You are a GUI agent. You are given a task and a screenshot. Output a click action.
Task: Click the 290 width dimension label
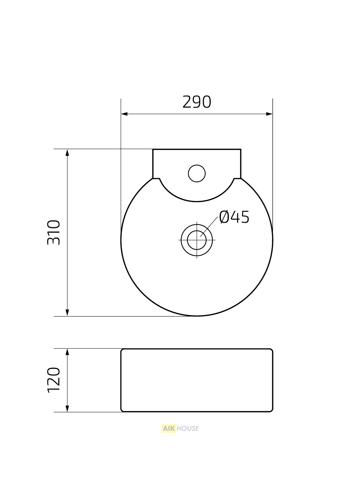[x=197, y=102]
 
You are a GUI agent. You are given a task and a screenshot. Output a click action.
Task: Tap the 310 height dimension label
[x=54, y=232]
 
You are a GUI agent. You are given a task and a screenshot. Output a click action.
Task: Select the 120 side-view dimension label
[x=54, y=380]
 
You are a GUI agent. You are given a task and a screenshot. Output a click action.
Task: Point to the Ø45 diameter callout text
[x=234, y=217]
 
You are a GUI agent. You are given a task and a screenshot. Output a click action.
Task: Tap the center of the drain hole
[x=197, y=240]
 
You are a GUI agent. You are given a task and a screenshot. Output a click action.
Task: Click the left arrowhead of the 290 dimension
[x=124, y=114]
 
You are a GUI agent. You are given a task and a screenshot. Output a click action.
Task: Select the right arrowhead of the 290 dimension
[x=269, y=114]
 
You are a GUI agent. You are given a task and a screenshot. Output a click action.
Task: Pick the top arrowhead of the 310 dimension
[x=67, y=153]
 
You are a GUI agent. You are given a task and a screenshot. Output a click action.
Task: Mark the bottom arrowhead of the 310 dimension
[x=67, y=313]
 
